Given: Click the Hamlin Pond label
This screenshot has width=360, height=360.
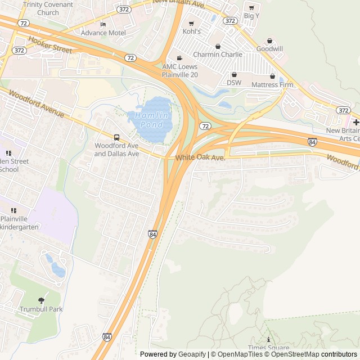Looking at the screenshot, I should [x=145, y=119].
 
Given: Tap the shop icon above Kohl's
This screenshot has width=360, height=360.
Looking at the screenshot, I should [x=191, y=23].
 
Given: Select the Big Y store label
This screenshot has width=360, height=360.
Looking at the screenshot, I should [x=251, y=16].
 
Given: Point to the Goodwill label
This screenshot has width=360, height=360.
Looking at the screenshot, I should [x=269, y=49].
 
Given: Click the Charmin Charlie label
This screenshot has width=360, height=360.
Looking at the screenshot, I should [x=218, y=55].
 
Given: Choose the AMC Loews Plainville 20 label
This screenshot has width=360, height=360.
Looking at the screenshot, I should [x=180, y=70].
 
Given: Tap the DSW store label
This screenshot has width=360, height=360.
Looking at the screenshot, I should [x=234, y=82].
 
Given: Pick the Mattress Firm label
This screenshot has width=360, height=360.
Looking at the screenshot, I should [x=272, y=85].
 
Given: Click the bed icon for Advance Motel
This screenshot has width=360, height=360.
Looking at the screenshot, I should [x=102, y=25].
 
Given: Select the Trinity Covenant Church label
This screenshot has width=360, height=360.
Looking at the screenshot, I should [x=48, y=8].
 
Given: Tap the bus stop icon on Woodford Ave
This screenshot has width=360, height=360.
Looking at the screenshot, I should [x=116, y=137].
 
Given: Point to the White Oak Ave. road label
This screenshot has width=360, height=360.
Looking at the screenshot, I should [x=200, y=158].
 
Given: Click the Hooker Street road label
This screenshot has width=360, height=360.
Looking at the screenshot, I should [x=50, y=46].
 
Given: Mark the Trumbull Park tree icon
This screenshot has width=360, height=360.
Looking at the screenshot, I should [x=41, y=300].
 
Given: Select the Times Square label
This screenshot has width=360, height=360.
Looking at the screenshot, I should [x=268, y=348].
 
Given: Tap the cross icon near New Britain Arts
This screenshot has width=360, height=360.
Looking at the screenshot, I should [x=356, y=122].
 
